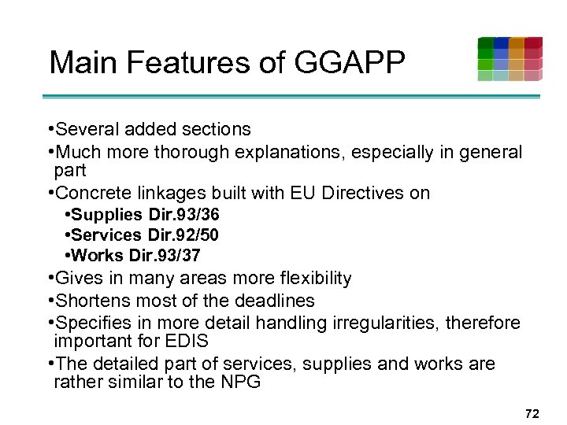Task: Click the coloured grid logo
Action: (510, 59)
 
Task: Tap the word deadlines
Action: (274, 301)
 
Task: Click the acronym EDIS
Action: (182, 342)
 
